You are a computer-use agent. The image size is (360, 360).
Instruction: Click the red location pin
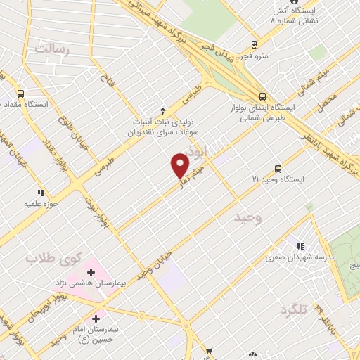(180, 165)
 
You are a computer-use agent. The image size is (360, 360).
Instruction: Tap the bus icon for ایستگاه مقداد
(21, 94)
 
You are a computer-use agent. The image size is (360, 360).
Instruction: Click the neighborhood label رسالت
(53, 49)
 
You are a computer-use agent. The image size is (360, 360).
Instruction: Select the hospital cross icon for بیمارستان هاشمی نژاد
(91, 271)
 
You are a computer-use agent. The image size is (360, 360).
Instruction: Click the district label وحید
(247, 218)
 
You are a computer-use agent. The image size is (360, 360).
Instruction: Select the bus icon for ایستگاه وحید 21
(278, 169)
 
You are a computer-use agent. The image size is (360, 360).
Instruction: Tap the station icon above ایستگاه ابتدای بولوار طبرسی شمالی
(262, 96)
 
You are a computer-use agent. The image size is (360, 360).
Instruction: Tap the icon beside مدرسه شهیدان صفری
(300, 246)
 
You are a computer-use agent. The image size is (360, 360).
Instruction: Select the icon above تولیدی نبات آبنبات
(163, 110)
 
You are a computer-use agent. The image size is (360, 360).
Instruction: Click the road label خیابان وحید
(155, 266)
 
